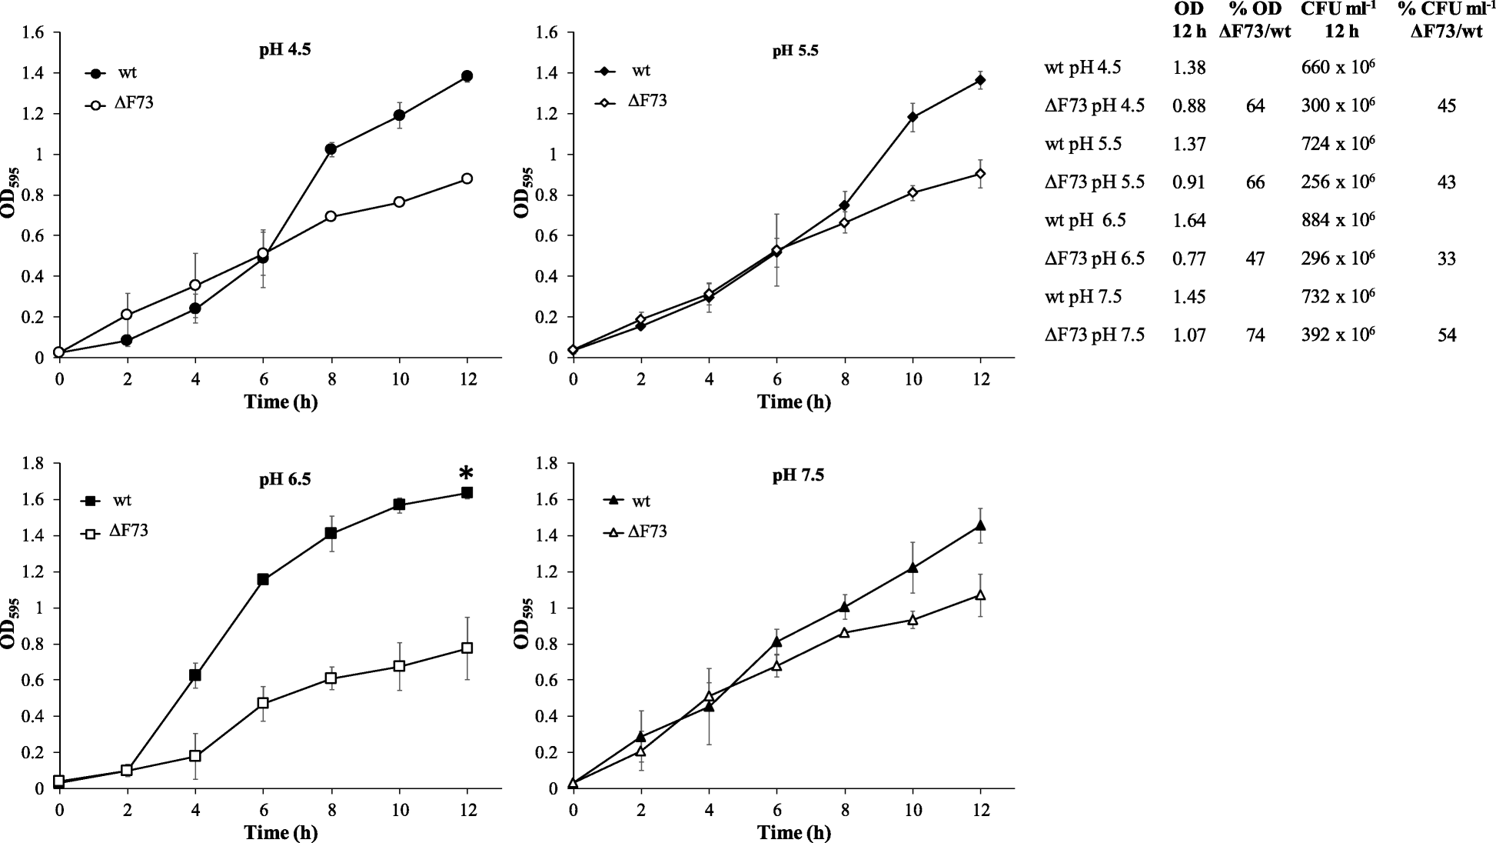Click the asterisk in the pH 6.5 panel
pos(465,473)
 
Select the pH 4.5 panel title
pos(285,51)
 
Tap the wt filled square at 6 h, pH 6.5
pos(263,579)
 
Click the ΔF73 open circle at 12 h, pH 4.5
pos(467,178)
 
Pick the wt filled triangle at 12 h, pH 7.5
pos(979,526)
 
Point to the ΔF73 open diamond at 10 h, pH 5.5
pos(913,192)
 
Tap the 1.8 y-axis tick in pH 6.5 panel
pos(35,463)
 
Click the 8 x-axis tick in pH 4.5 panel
pos(331,379)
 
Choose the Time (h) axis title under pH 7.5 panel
pos(793,832)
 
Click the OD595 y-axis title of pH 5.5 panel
pos(523,196)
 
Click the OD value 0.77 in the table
pos(1188,258)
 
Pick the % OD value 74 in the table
pos(1255,335)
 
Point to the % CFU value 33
pos(1446,258)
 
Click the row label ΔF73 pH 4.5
pos(1095,105)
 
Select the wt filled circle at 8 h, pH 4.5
pos(331,149)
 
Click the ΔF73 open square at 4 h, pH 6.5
pos(195,755)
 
